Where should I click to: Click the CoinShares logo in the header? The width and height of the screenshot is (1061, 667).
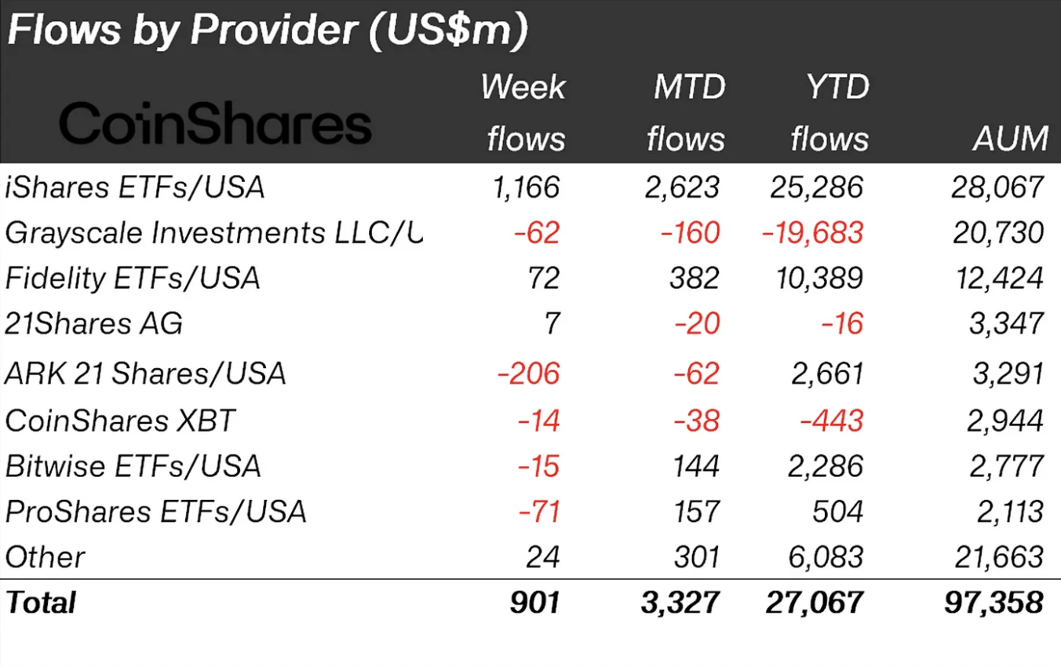click(215, 124)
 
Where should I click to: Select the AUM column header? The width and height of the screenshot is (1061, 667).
click(1011, 139)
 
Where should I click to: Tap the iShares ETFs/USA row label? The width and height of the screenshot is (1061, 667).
click(134, 188)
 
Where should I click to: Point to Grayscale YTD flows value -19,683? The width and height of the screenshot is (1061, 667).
click(814, 233)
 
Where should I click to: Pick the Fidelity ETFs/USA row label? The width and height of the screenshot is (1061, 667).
click(132, 279)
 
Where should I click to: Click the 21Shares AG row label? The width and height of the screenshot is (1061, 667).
click(93, 323)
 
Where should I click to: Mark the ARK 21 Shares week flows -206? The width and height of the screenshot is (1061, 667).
click(529, 374)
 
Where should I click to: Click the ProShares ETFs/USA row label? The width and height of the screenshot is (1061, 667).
click(155, 512)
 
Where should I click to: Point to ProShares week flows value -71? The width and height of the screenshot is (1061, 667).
click(539, 512)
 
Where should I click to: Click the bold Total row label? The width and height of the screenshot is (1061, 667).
click(41, 603)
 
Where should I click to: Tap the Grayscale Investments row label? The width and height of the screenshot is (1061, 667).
click(213, 233)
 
